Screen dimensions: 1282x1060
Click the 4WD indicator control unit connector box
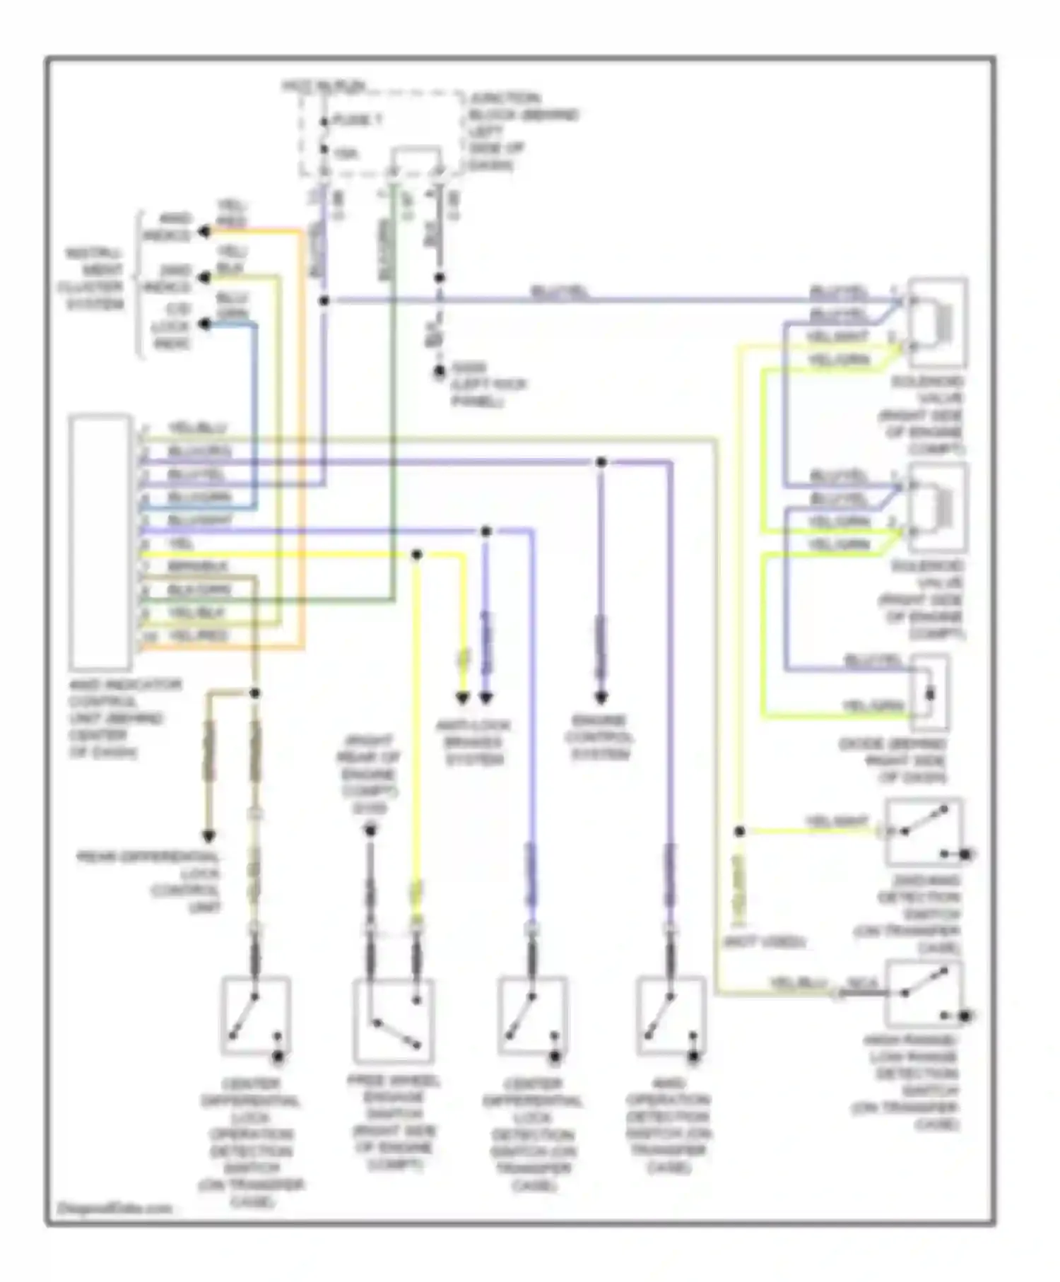click(100, 541)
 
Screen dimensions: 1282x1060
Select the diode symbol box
click(929, 693)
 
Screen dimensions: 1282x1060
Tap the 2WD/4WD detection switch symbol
click(924, 832)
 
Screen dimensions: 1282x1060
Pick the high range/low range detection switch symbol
click(924, 993)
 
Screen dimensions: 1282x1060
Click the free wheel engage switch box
click(394, 1021)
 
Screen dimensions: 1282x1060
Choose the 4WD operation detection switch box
click(669, 1016)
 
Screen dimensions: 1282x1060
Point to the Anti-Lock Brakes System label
click(473, 742)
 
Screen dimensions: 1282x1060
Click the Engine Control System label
click(600, 738)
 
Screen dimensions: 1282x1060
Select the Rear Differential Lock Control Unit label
click(150, 881)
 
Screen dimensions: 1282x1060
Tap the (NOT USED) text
click(764, 942)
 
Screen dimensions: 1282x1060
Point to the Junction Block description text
click(523, 131)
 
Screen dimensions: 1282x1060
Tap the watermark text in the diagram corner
click(114, 1208)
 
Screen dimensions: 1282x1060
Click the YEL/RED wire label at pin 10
click(198, 635)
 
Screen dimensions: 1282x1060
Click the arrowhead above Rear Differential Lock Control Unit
click(208, 837)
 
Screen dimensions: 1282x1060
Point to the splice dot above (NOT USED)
click(739, 832)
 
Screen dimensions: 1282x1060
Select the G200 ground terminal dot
click(439, 371)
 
